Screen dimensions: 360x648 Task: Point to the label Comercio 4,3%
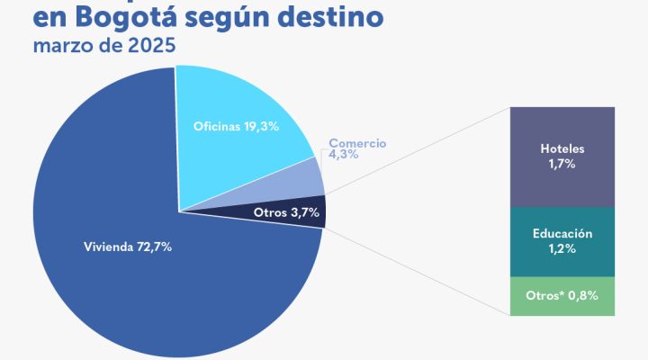(x=356, y=148)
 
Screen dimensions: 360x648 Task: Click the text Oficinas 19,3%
(x=236, y=127)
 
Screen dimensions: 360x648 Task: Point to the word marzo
(x=59, y=46)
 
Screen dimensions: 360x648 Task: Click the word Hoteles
(x=562, y=148)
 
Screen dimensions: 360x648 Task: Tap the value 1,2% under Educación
(x=562, y=249)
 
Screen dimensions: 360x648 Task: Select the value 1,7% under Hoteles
(x=562, y=165)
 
